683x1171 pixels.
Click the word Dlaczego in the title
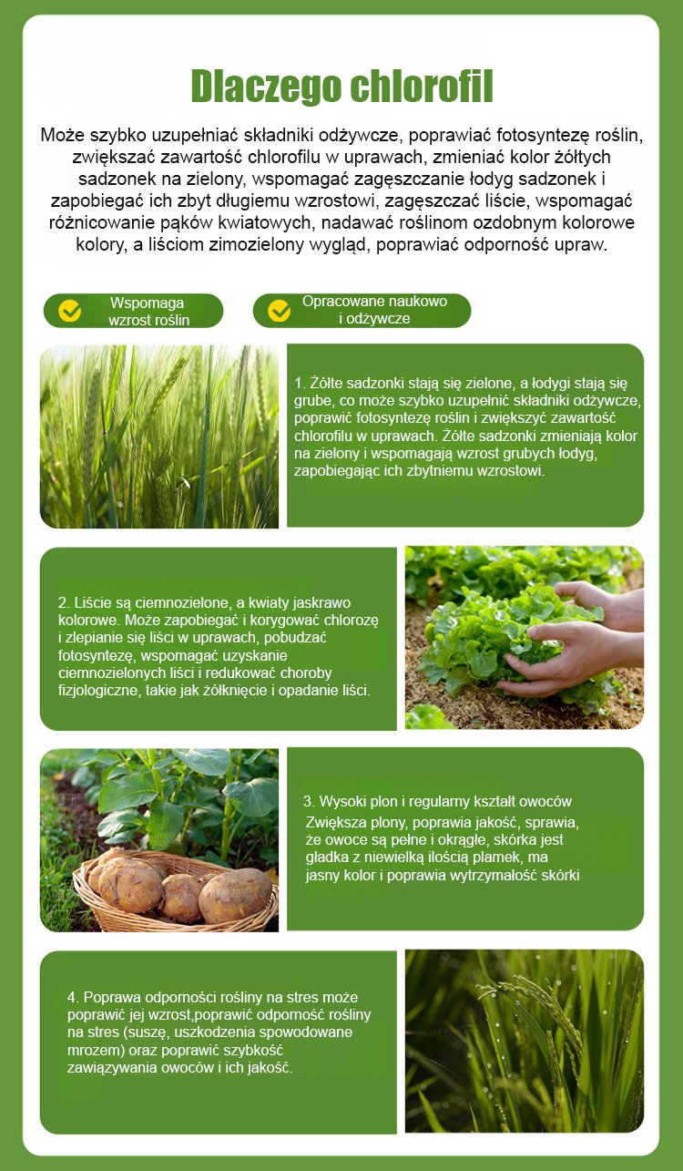tap(266, 87)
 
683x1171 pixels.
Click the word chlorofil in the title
tap(423, 86)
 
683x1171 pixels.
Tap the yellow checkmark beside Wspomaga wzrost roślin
tap(69, 311)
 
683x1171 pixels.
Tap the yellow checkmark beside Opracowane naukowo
tap(279, 310)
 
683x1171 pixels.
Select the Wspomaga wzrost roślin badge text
tap(148, 311)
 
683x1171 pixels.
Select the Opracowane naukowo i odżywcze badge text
tap(374, 310)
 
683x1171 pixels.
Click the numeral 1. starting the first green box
tap(300, 383)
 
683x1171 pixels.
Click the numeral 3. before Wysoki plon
tap(309, 801)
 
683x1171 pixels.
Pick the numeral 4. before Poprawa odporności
tap(73, 998)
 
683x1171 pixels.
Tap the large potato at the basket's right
tap(235, 896)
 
